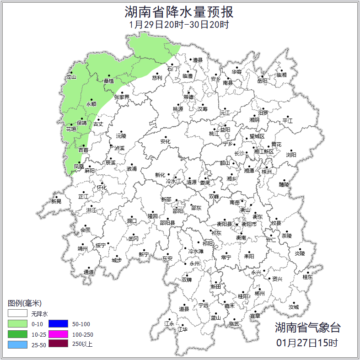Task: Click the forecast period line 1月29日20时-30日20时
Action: (179, 25)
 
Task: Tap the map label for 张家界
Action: (122, 97)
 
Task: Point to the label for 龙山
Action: (71, 77)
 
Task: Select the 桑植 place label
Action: (109, 81)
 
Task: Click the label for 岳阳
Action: (262, 81)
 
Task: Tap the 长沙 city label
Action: (239, 153)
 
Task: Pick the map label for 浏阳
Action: (291, 155)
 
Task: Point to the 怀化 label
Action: (102, 188)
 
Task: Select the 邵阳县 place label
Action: (167, 223)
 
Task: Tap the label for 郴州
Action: (260, 293)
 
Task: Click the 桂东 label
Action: (307, 277)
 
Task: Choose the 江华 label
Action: (183, 329)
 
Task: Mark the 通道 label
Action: (89, 272)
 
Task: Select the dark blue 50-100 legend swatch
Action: (58, 324)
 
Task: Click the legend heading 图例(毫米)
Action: (25, 303)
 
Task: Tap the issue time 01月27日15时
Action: (307, 343)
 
